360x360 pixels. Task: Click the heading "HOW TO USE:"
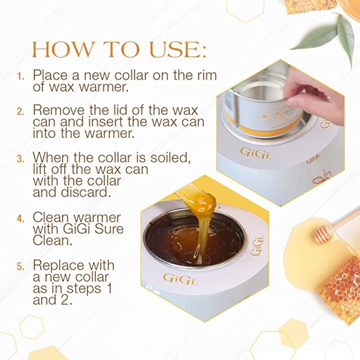[x=119, y=51]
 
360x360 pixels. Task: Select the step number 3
[x=21, y=158]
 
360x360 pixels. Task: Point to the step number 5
[x=21, y=267]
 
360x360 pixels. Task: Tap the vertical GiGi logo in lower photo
[x=256, y=246]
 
